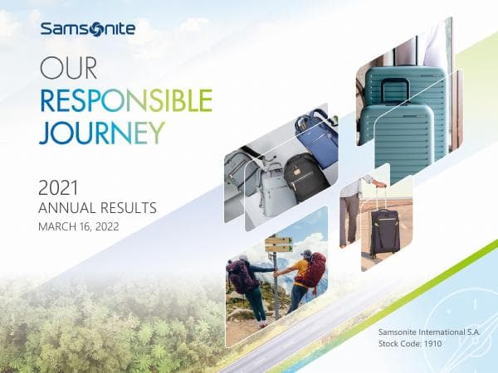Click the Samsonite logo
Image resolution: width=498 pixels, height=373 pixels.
pyautogui.click(x=86, y=31)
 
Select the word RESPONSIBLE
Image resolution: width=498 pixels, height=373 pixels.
pyautogui.click(x=125, y=100)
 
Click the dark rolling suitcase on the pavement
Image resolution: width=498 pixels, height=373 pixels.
pyautogui.click(x=384, y=233)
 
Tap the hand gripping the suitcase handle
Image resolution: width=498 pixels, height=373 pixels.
pyautogui.click(x=378, y=183)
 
